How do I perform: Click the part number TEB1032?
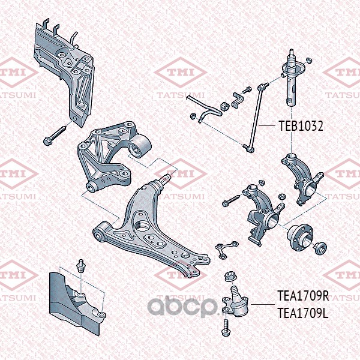tap(301, 127)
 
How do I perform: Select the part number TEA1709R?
tap(303, 296)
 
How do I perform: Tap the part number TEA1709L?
tap(302, 312)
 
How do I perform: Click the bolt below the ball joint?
tap(226, 328)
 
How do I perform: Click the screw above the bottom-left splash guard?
tap(80, 266)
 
